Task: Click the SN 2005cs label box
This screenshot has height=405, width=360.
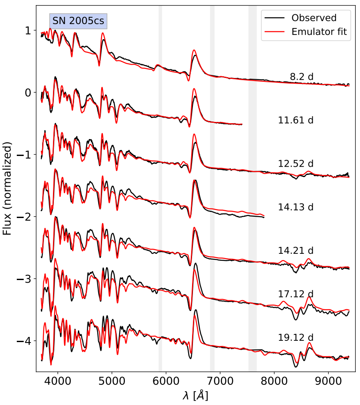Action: (78, 21)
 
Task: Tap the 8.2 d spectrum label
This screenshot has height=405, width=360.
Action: (301, 77)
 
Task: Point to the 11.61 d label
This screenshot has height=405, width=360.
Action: (296, 120)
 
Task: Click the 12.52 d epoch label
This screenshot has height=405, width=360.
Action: (296, 163)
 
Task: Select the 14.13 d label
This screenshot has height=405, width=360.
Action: (296, 206)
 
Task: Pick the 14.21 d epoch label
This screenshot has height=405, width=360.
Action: (296, 250)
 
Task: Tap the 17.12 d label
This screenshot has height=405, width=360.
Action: (296, 294)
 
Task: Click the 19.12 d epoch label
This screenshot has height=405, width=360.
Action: (296, 337)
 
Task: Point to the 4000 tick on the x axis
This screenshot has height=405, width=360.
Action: (58, 381)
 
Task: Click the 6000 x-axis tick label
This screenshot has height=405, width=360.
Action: (166, 381)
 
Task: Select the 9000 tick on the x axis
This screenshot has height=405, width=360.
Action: (329, 381)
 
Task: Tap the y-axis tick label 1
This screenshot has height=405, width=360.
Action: (28, 31)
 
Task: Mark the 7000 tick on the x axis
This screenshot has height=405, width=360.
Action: (220, 381)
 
